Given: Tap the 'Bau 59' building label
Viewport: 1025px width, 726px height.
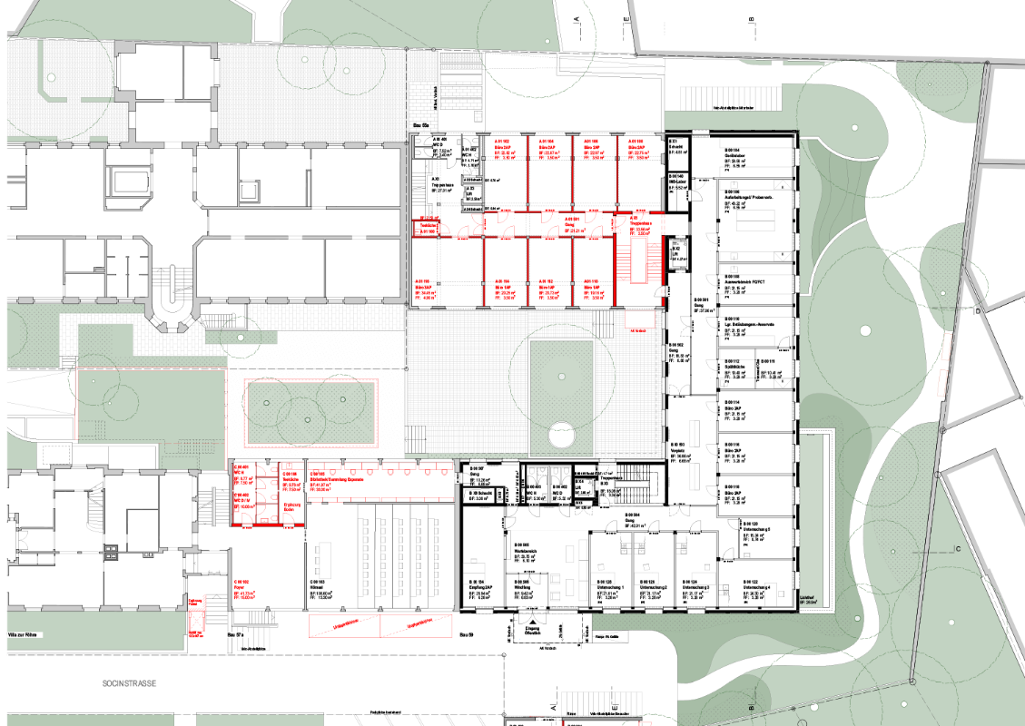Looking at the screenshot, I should point(467,635).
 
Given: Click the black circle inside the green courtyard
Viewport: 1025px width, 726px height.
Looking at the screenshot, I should point(562,436).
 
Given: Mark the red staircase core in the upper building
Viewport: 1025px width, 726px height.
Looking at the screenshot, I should point(639,259).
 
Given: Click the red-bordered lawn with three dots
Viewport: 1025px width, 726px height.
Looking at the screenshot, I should point(310,412).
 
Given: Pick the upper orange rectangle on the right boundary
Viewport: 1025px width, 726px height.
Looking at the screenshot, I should point(946,348).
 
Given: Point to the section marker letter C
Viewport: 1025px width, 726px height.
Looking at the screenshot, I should point(957,549).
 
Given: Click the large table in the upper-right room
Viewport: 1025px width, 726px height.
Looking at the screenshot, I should point(754,219).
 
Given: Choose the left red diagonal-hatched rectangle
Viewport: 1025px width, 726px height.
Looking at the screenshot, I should point(344,626).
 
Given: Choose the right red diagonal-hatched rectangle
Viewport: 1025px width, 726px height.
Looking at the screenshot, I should point(416,626).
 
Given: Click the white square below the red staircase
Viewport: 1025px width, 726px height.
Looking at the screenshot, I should point(639,319).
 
